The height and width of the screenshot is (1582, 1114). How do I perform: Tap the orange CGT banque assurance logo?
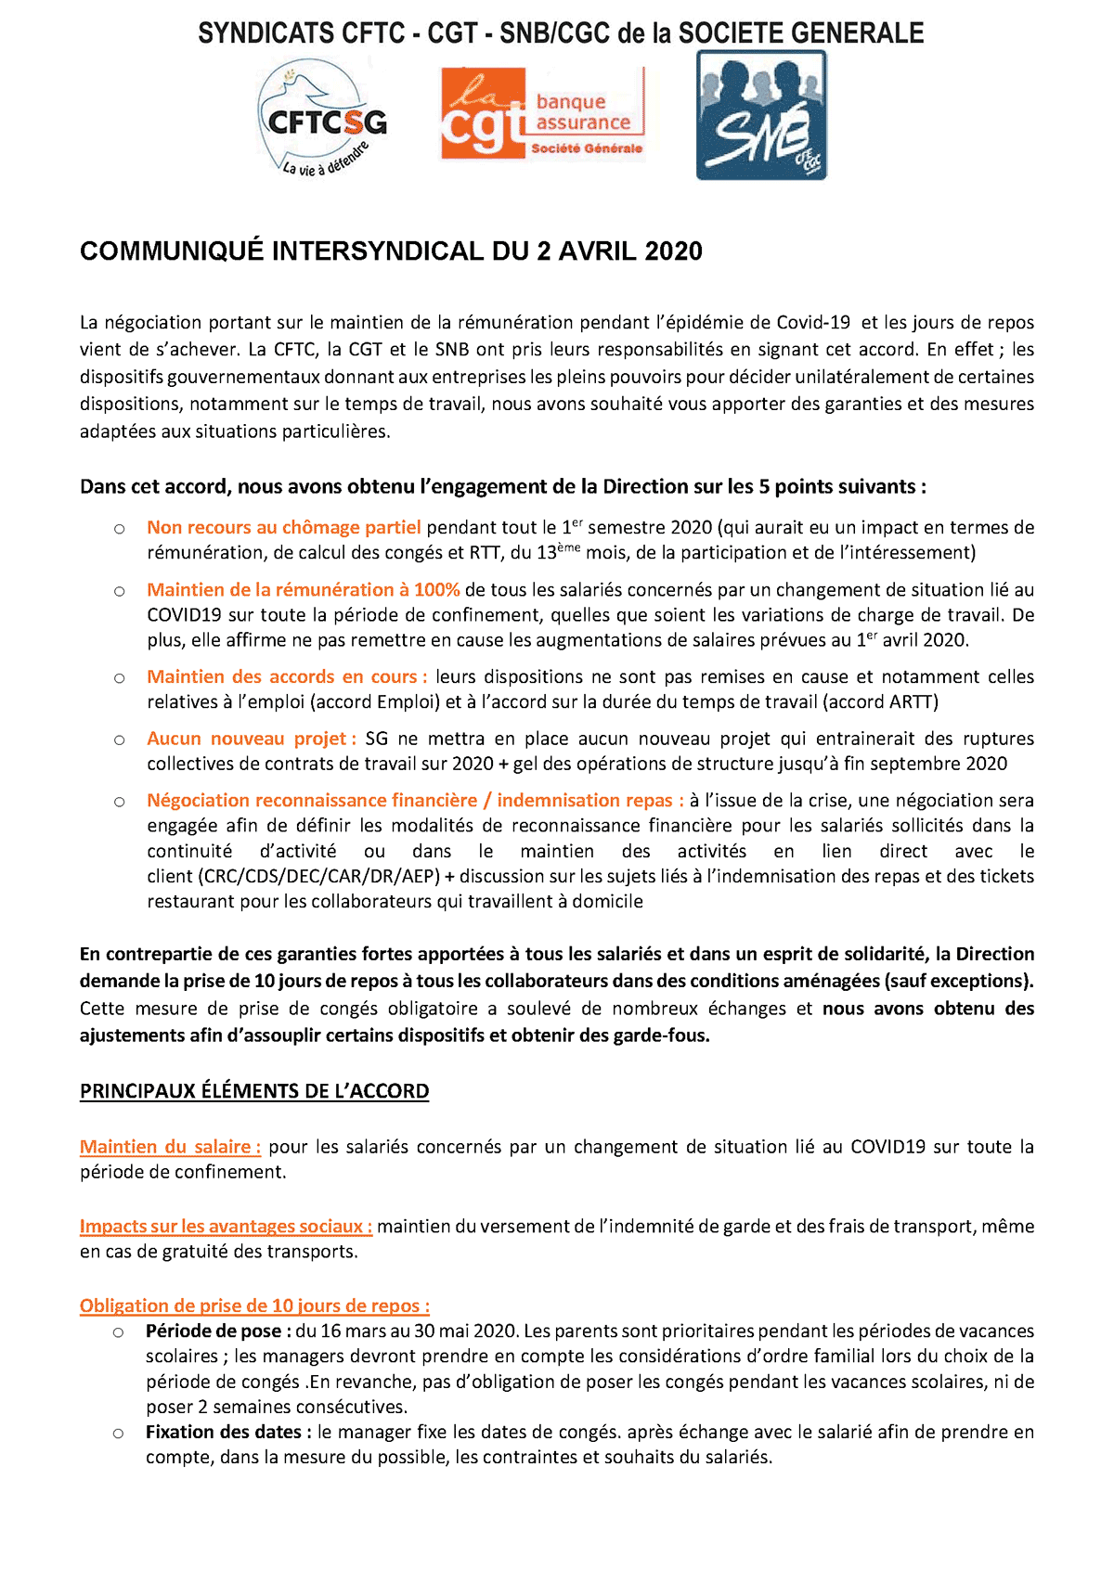click(x=542, y=113)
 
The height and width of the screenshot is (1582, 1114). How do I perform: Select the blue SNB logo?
click(x=761, y=115)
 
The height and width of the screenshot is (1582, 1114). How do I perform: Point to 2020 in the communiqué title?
click(x=673, y=251)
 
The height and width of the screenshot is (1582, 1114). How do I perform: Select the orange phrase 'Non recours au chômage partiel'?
click(x=283, y=527)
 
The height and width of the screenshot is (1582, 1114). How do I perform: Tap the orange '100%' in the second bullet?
click(x=436, y=589)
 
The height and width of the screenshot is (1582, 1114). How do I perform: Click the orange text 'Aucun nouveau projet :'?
click(x=252, y=739)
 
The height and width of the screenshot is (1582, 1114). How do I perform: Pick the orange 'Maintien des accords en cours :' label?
click(x=287, y=676)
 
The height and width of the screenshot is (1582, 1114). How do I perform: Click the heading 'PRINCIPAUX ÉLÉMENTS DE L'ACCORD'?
click(x=254, y=1091)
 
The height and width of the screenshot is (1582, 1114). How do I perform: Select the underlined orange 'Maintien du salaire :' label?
click(x=170, y=1147)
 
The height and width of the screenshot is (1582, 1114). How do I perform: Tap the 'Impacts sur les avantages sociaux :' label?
click(x=226, y=1226)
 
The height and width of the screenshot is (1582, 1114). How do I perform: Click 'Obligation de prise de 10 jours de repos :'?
click(x=254, y=1305)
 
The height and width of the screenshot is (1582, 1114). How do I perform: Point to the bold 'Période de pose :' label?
click(x=218, y=1331)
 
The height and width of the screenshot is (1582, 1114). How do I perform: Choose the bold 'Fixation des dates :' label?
click(x=228, y=1432)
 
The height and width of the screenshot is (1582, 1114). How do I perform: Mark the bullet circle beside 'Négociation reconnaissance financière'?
click(x=120, y=802)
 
